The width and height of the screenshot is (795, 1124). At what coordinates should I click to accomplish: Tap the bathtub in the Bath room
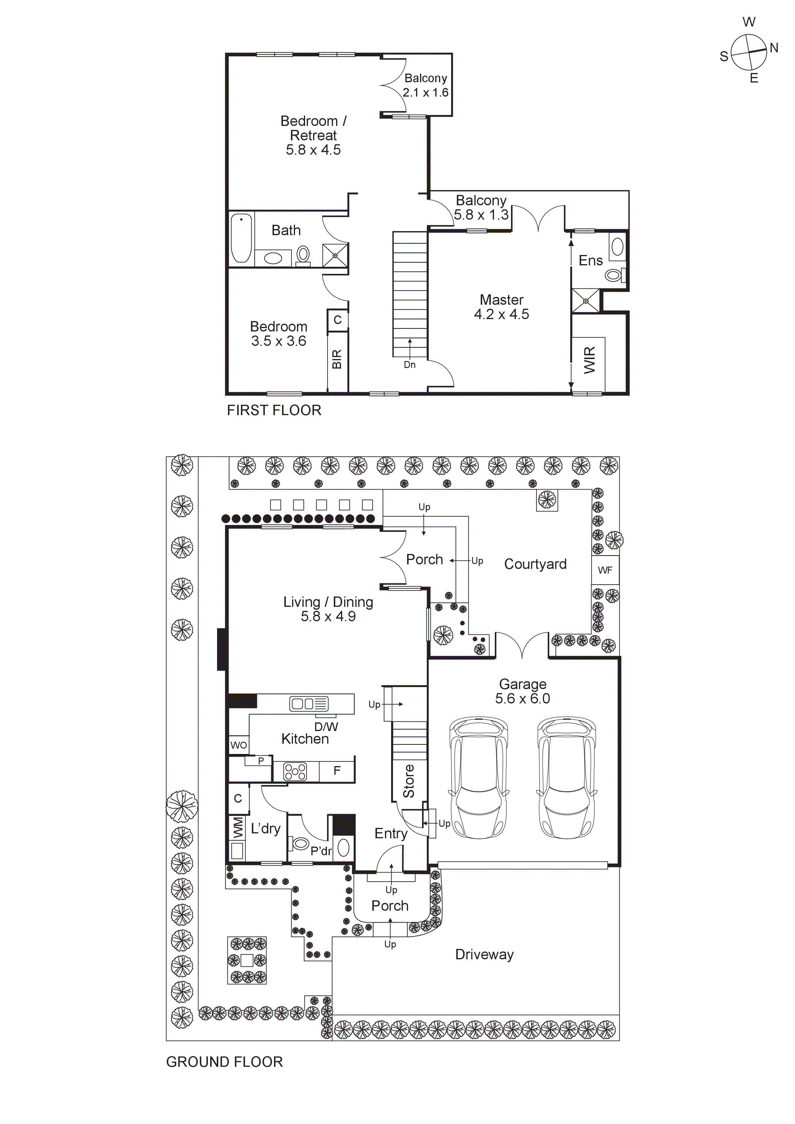(241, 238)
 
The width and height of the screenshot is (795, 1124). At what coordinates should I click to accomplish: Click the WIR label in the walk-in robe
(590, 360)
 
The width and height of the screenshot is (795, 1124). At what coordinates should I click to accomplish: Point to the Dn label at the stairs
(410, 365)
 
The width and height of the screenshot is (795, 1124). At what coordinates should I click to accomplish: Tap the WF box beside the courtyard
(605, 570)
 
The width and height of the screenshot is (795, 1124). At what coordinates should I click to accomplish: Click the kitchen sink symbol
(309, 704)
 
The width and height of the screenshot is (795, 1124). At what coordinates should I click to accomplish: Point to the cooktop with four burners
(296, 772)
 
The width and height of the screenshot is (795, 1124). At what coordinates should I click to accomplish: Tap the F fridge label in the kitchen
(337, 770)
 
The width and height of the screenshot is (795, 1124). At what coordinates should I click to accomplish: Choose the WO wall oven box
(238, 745)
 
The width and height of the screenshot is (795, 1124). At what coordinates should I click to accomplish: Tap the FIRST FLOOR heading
(274, 410)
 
